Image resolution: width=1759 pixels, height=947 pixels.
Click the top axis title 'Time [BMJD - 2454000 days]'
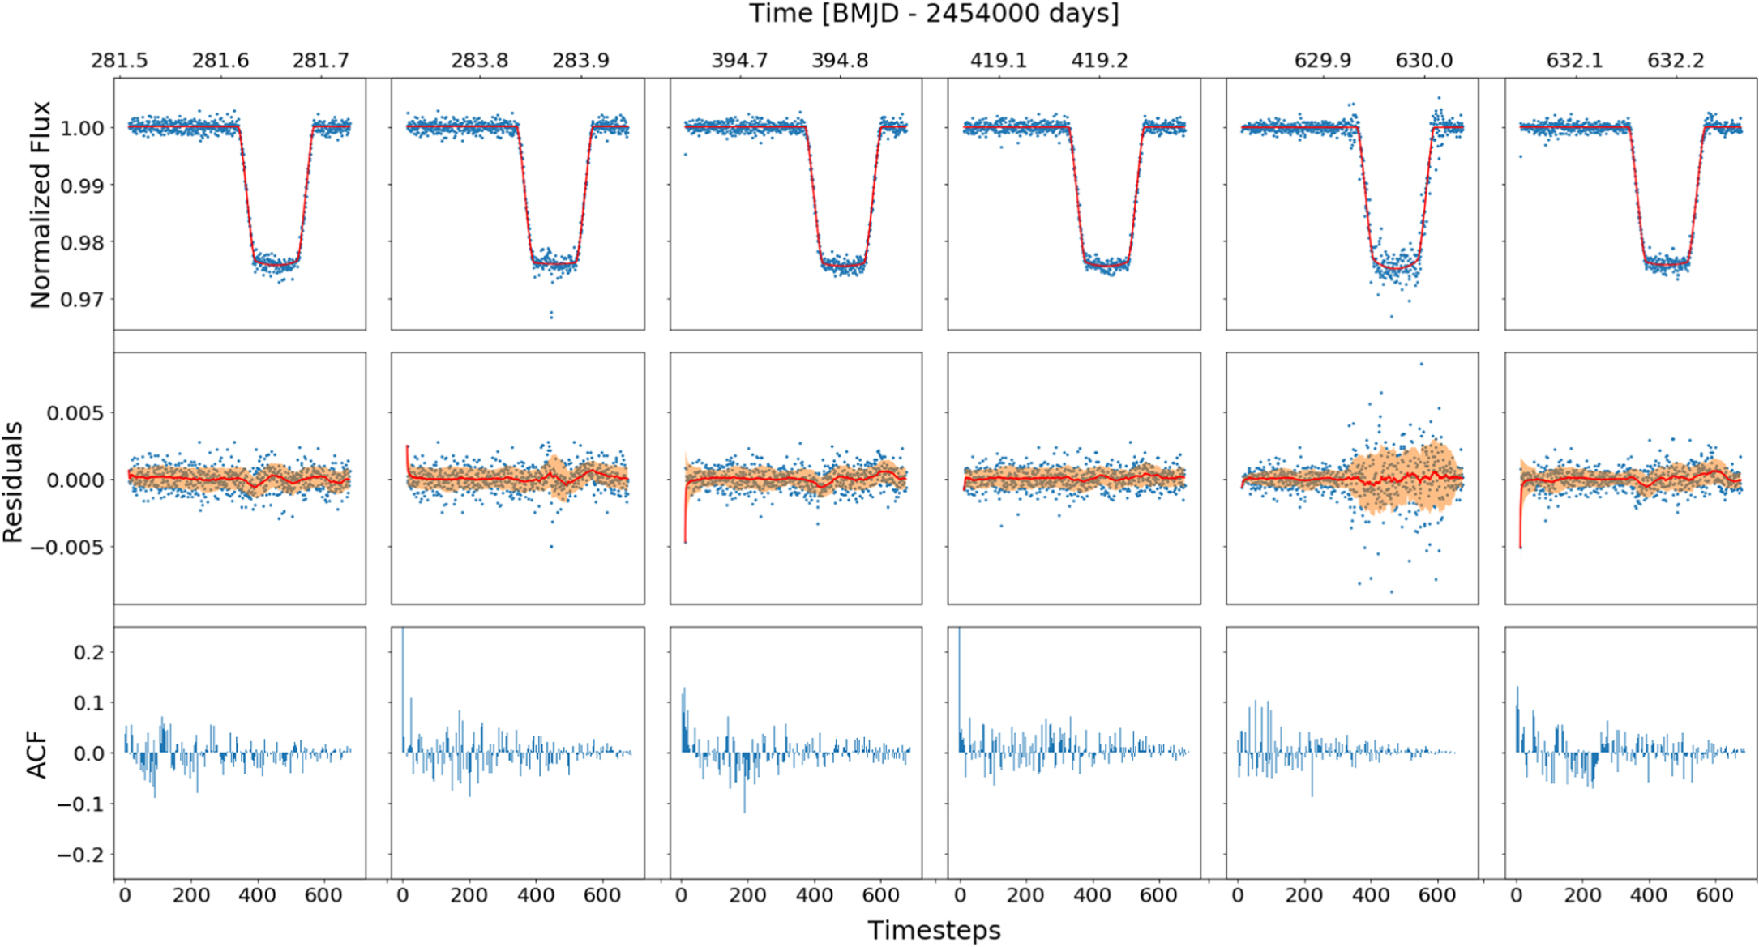(933, 14)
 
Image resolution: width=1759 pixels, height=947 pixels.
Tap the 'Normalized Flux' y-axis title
(40, 204)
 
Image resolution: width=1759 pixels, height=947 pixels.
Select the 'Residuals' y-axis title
(13, 482)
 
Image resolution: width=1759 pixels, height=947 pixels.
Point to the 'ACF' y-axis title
(37, 755)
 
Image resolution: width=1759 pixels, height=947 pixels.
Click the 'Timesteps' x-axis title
(934, 930)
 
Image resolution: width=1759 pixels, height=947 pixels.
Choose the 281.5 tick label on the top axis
(119, 61)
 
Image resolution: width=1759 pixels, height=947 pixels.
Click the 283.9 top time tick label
(580, 61)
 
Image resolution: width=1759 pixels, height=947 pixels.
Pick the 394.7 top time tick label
(739, 61)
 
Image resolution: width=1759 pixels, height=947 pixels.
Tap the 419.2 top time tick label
(1099, 61)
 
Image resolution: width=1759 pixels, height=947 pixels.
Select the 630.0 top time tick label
(1423, 61)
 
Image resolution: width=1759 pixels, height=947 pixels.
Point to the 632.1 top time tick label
(1574, 61)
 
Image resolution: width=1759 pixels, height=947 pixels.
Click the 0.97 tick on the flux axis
(82, 300)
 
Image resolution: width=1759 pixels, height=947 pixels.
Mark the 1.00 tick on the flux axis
(82, 128)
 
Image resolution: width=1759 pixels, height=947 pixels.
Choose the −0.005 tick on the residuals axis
(68, 548)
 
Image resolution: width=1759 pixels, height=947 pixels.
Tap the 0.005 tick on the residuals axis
(75, 413)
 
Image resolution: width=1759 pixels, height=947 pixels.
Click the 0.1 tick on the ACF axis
(88, 703)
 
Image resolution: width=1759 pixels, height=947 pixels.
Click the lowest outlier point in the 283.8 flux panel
(551, 315)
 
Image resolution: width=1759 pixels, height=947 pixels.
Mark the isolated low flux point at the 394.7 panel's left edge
(686, 154)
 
